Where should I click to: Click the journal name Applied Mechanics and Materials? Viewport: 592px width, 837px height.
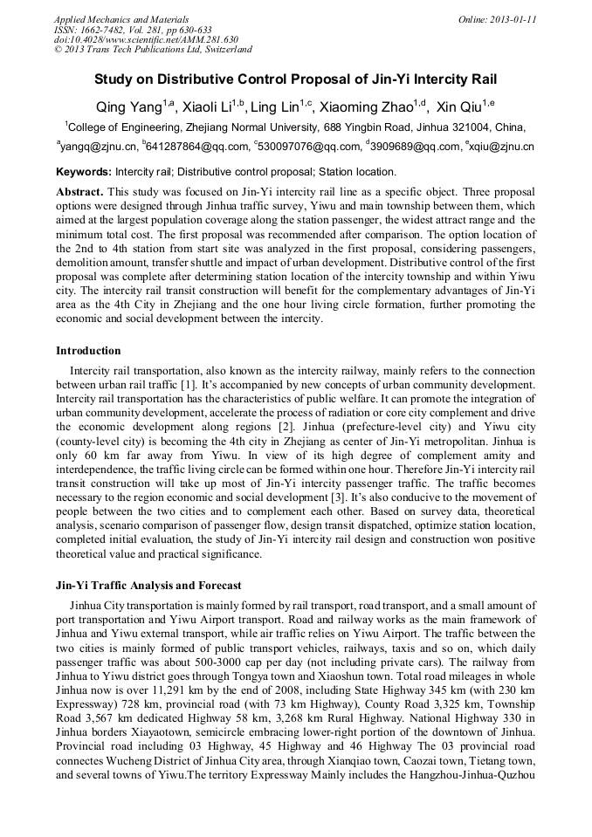(x=121, y=18)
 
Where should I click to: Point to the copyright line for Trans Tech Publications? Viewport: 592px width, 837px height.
(x=153, y=50)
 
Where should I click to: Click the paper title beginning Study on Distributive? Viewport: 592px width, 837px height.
(x=295, y=79)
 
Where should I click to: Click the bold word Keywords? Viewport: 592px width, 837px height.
(x=84, y=172)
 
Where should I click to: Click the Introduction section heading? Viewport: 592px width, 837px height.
(x=88, y=351)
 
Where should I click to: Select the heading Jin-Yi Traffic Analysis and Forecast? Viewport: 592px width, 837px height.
(x=148, y=585)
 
